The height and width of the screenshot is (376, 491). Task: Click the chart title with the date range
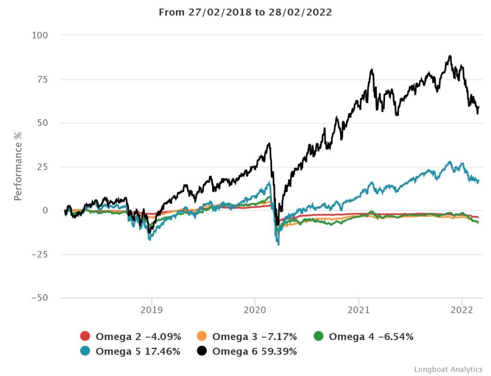245,12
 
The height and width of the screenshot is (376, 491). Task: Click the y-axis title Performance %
18,166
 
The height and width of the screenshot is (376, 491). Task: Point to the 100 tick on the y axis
40,35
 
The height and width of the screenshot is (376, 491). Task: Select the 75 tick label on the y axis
43,79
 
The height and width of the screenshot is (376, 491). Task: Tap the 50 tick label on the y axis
43,123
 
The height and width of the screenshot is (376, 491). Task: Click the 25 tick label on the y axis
43,167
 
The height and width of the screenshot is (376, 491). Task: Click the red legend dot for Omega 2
85,337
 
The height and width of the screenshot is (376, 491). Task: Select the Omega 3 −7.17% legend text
255,337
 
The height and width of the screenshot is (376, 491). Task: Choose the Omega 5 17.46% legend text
138,351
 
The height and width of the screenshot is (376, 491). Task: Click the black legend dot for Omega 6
202,351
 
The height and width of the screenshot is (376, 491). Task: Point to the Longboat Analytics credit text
448,369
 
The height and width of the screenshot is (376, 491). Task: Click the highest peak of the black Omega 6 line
450,56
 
